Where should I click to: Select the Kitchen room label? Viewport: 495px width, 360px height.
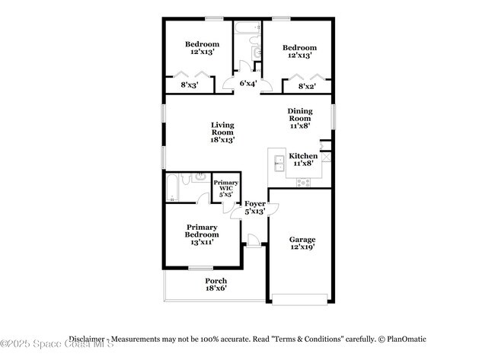[x=304, y=156]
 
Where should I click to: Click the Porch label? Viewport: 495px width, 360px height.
[x=216, y=281]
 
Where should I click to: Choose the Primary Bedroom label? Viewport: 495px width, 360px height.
[x=202, y=231]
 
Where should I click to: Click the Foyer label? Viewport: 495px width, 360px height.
[x=254, y=204]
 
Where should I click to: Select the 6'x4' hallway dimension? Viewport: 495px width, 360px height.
[x=247, y=84]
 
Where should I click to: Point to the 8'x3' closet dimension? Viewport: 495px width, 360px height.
[x=190, y=85]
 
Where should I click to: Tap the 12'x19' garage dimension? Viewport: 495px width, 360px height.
[x=302, y=247]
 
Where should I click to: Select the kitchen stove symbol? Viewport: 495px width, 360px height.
[x=303, y=182]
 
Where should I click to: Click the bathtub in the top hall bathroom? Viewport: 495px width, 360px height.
[x=247, y=30]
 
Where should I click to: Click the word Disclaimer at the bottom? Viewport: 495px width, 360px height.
[x=86, y=339]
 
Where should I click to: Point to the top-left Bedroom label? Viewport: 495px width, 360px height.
[x=203, y=45]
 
